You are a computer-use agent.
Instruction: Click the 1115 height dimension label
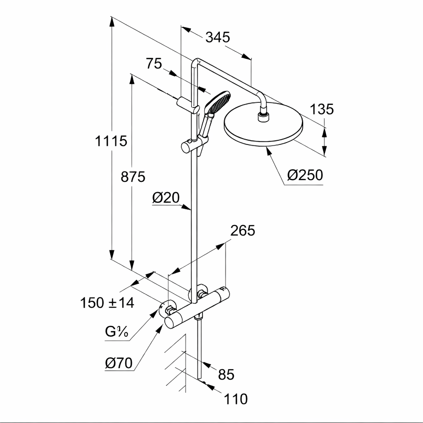pos(111,141)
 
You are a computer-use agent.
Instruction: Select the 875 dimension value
pos(133,177)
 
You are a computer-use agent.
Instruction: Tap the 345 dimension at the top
pos(217,37)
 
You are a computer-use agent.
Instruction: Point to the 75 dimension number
pos(153,64)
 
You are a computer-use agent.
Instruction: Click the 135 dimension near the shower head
pos(321,109)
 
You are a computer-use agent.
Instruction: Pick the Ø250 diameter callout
pos(305,175)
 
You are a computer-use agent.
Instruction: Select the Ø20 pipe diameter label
pos(166,198)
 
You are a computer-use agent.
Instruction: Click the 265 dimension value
pos(242,231)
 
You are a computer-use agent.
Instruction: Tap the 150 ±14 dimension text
pos(107,303)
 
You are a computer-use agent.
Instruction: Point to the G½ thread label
pos(116,332)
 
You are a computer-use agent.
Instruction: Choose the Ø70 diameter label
pos(119,363)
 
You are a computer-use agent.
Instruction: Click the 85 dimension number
pos(226,375)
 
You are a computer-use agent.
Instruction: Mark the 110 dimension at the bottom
pos(236,399)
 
